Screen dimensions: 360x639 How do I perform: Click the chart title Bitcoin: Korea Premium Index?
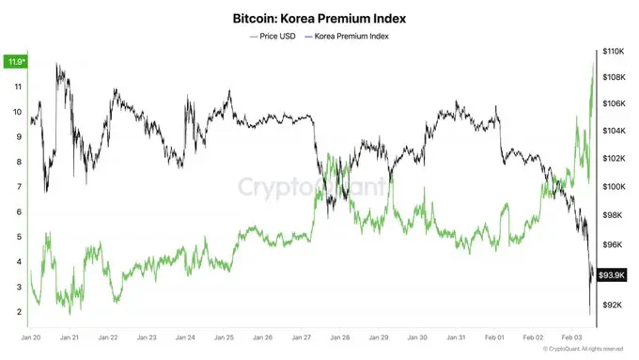point(319,17)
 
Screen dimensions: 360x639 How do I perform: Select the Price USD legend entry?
point(275,36)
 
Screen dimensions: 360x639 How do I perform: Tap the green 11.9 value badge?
point(15,62)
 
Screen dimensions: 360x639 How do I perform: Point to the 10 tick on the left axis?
point(19,111)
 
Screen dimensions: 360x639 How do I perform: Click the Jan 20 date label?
point(31,336)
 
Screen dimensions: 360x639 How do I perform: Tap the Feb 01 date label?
point(495,336)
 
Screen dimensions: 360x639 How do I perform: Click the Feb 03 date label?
point(572,336)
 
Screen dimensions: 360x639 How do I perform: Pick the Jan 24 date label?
point(185,336)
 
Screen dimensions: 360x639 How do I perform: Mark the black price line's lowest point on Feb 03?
point(589,314)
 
